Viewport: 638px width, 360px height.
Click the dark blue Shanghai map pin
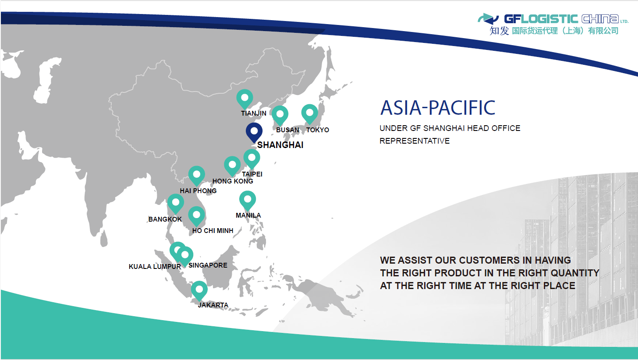pos(254,132)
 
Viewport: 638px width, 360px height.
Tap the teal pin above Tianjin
pos(245,99)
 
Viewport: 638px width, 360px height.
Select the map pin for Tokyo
pos(310,114)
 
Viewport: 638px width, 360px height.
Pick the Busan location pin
pos(280,115)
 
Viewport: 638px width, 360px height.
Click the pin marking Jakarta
pos(199,290)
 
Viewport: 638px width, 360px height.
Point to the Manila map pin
pos(248,200)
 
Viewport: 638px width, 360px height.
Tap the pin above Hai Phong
pos(196,176)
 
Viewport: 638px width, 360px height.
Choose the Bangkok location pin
pos(175,204)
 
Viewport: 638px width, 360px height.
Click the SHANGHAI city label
pos(280,145)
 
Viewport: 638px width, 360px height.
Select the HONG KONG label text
pos(233,181)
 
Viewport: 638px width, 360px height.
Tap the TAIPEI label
pos(252,174)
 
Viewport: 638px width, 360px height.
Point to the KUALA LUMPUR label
pos(155,267)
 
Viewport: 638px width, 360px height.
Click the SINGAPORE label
pos(208,265)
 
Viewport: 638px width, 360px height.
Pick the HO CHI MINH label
pos(213,230)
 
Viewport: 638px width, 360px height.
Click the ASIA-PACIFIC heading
pos(438,108)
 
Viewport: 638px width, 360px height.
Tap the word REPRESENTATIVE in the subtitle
pos(415,141)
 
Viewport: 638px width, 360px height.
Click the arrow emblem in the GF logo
pos(488,19)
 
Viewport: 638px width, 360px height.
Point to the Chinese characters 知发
pos(499,31)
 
